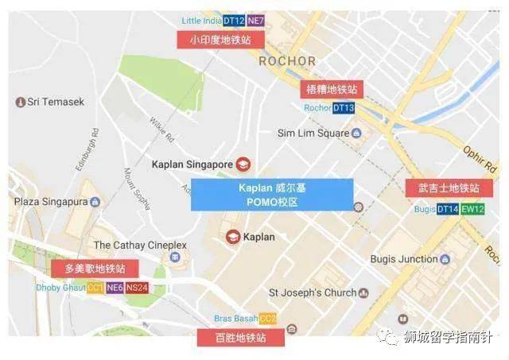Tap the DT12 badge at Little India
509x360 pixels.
(234, 20)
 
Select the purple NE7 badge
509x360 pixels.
(256, 20)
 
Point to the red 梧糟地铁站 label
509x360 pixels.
(328, 89)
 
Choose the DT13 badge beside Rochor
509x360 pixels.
(344, 107)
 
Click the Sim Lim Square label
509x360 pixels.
(313, 133)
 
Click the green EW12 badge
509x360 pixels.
(472, 209)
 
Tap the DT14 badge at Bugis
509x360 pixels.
(448, 209)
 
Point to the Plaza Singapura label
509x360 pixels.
(50, 202)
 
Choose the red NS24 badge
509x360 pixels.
(136, 287)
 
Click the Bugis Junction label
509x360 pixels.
(404, 259)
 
